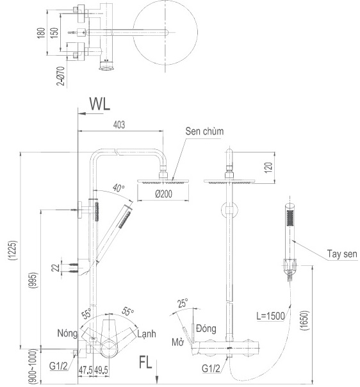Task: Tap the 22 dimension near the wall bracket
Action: (x=56, y=267)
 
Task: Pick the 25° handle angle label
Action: (x=183, y=304)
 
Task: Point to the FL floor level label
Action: (x=145, y=364)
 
